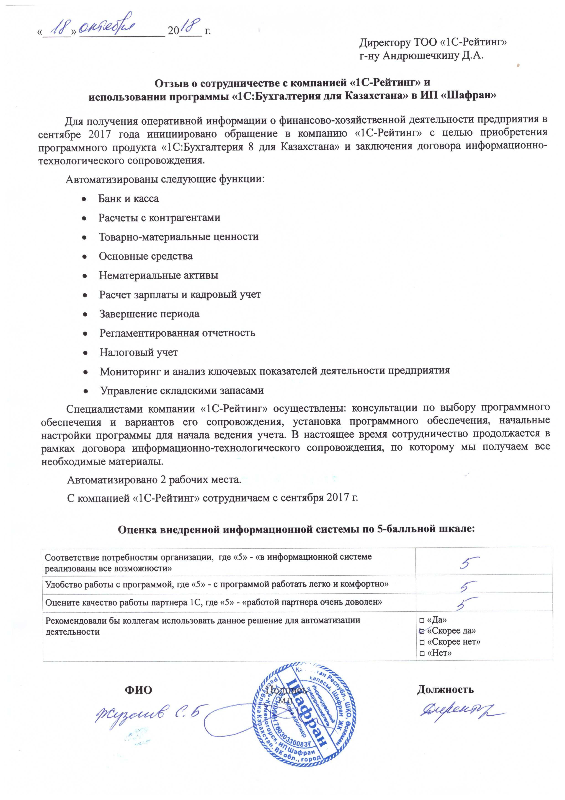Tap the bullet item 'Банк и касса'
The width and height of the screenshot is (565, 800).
[x=128, y=199]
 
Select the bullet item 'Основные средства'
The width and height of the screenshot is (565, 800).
[x=145, y=256]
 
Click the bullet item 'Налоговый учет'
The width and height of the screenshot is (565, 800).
[x=139, y=352]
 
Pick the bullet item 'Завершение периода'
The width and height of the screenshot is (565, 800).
[x=149, y=314]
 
